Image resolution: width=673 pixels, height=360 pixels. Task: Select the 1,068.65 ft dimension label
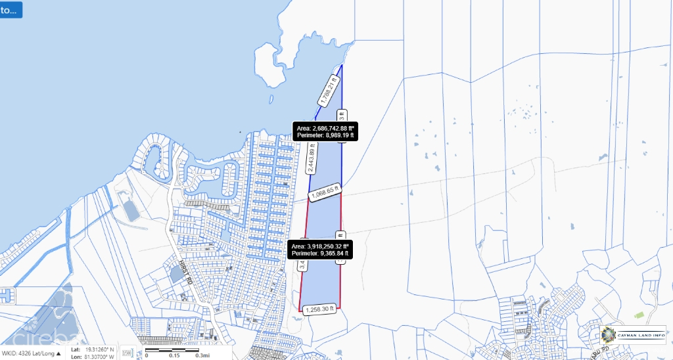325,194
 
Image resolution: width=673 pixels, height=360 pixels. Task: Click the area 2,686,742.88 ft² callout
325,131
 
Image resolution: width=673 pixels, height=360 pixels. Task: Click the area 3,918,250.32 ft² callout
320,249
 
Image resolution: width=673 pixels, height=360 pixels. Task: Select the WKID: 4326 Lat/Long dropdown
31,353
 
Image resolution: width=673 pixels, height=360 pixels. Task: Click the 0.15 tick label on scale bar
174,356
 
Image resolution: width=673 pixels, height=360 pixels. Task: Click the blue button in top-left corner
11,10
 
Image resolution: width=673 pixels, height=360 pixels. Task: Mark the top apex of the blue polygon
342,64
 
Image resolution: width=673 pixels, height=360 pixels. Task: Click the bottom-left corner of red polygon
299,311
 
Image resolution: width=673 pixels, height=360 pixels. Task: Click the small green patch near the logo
638,316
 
